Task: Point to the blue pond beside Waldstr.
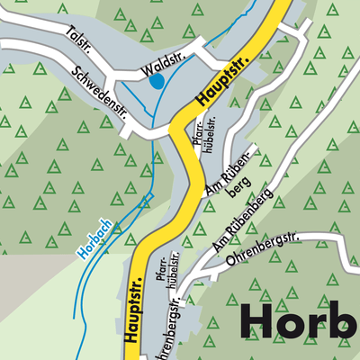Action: (156, 81)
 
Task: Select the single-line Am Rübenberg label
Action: (238, 227)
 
